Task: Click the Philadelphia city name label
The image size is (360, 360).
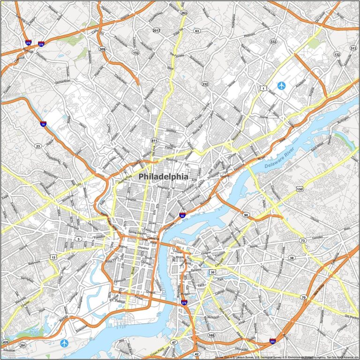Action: (x=164, y=177)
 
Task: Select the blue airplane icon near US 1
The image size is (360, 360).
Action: (x=281, y=85)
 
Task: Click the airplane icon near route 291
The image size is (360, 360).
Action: (x=64, y=343)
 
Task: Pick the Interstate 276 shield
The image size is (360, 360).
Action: (x=41, y=44)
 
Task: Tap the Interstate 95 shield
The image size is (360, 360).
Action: (x=182, y=215)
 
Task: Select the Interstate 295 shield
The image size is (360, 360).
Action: (x=273, y=342)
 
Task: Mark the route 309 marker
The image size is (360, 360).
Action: (x=102, y=49)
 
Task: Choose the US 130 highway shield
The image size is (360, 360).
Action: (x=300, y=189)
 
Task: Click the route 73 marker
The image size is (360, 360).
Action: (x=303, y=240)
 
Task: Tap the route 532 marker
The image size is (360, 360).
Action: (x=273, y=42)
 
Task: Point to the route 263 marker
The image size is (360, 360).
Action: (x=184, y=13)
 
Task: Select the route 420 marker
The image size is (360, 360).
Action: (x=6, y=342)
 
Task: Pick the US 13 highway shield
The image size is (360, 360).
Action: (x=54, y=257)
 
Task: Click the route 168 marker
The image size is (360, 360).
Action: (x=211, y=335)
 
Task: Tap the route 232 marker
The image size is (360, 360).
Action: (x=205, y=84)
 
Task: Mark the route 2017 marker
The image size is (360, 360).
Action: (x=156, y=30)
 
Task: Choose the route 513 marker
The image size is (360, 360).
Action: (x=353, y=48)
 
